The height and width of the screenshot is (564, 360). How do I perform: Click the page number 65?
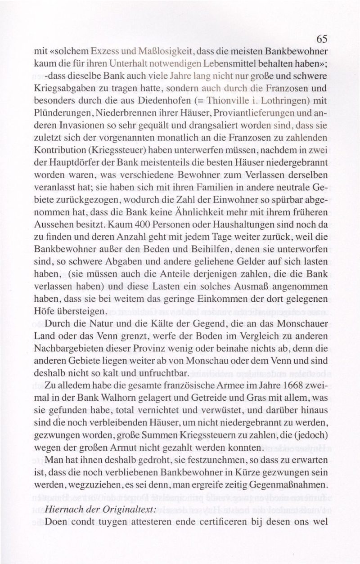pyautogui.click(x=321, y=39)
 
